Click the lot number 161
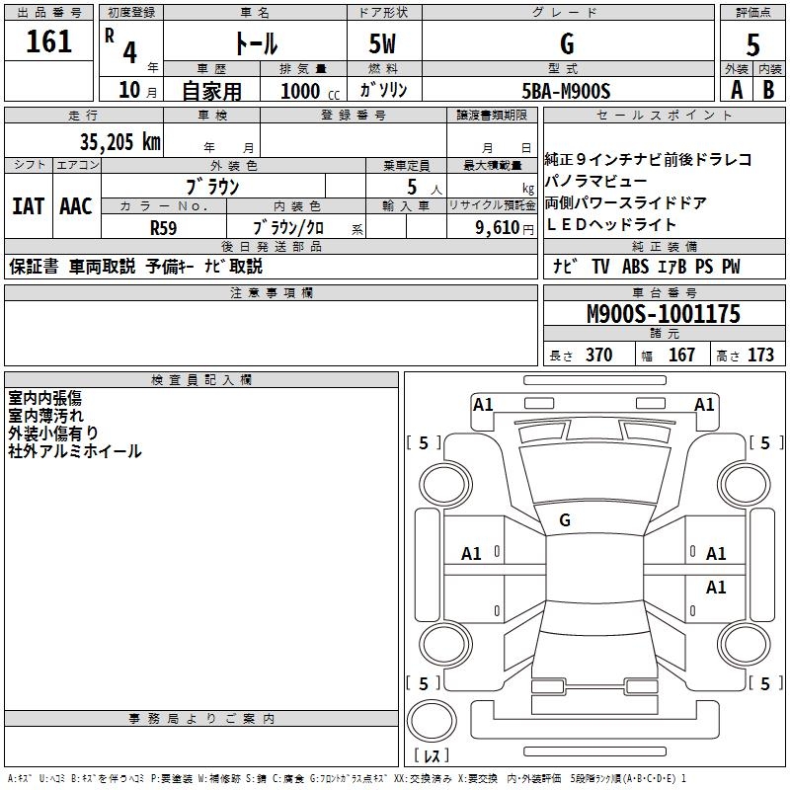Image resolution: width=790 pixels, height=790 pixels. [48, 41]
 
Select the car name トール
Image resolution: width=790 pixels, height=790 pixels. [254, 43]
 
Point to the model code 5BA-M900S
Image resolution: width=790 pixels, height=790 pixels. [567, 91]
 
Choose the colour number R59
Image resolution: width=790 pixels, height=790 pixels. [164, 226]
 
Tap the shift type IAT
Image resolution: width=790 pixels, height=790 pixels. [28, 206]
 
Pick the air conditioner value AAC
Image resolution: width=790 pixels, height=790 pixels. [75, 206]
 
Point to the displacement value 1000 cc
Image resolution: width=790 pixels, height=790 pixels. [309, 91]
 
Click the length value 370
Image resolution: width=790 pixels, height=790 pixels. [598, 355]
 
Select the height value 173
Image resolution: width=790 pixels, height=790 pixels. [760, 355]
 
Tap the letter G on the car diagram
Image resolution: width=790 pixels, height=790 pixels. [565, 519]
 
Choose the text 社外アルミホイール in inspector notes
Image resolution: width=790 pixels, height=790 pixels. [75, 451]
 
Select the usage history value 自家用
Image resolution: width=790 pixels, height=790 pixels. [211, 91]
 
